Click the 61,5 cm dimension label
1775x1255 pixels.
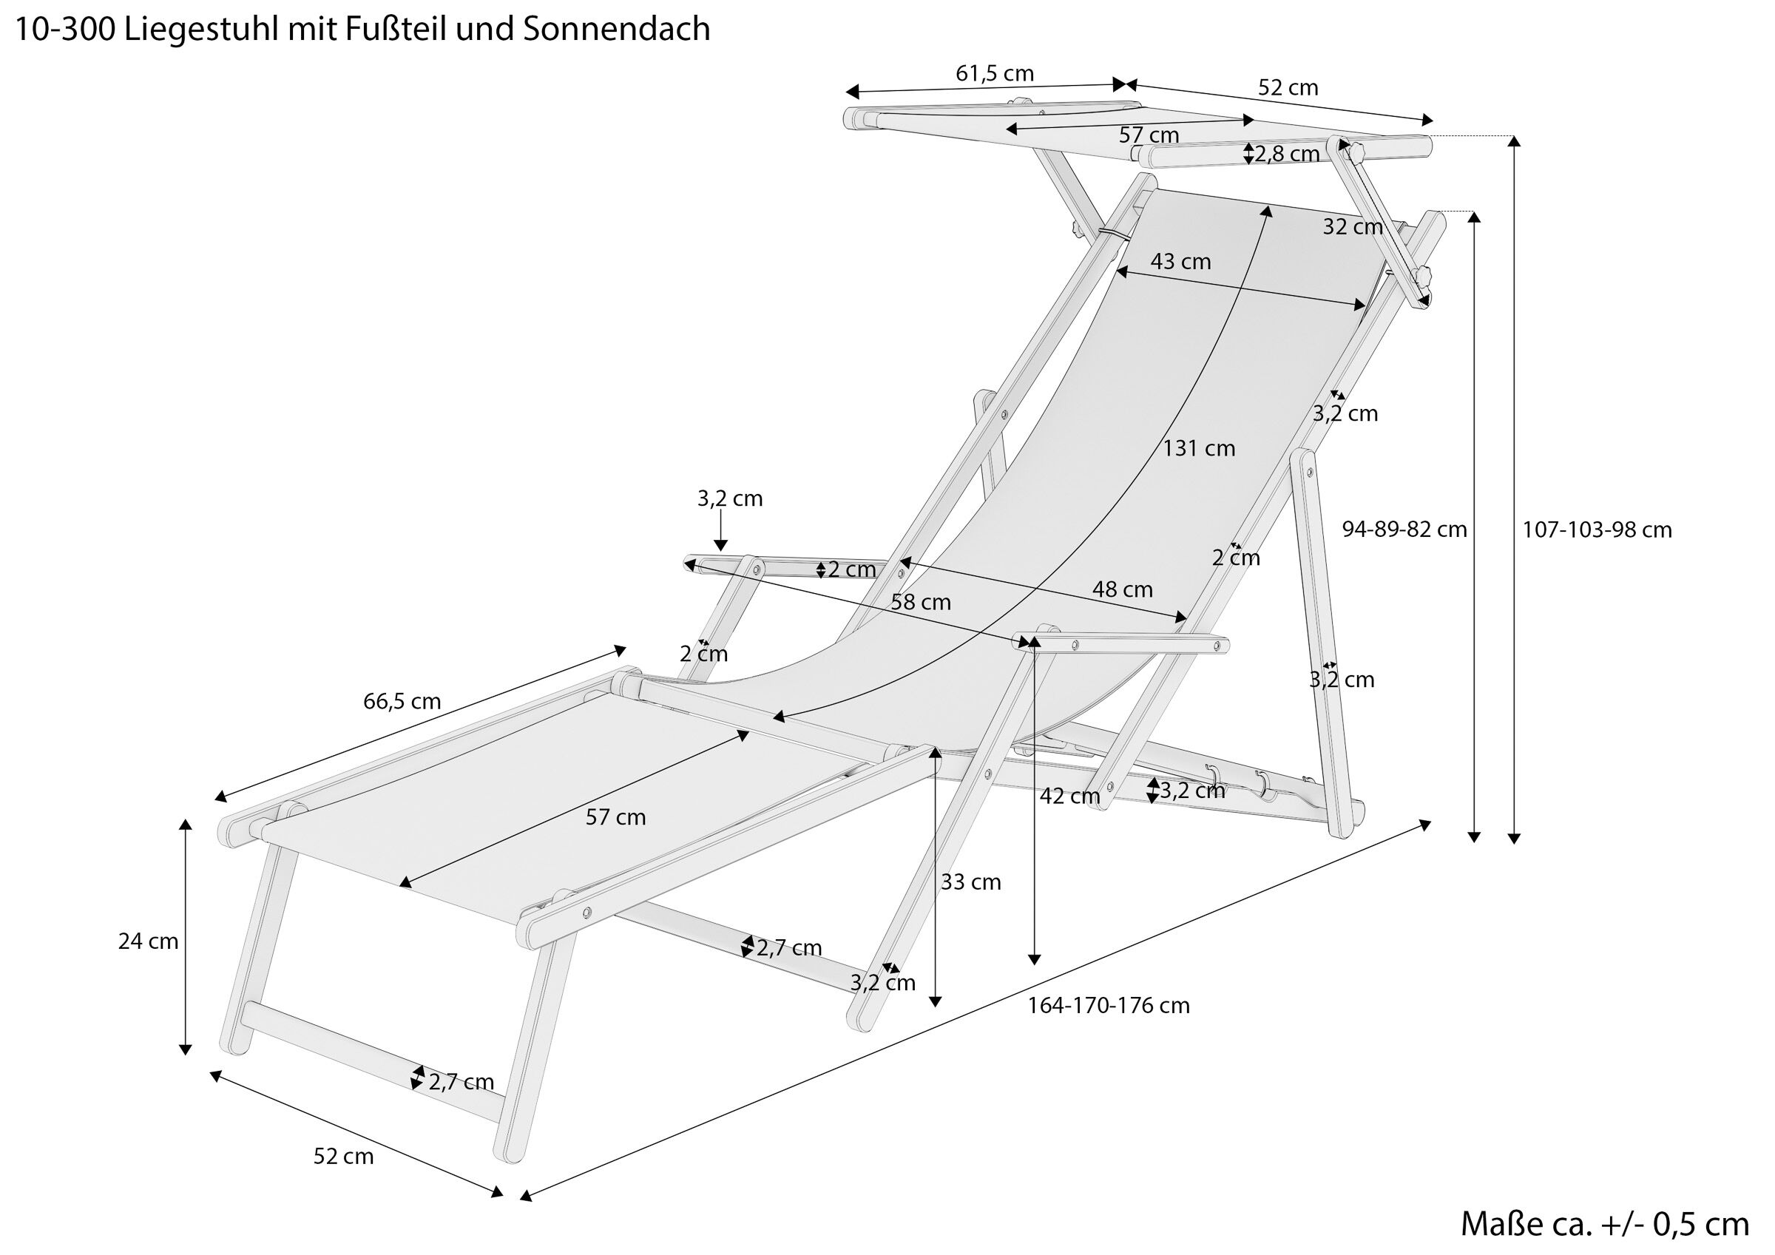click(x=994, y=73)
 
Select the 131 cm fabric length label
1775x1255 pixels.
click(x=1199, y=448)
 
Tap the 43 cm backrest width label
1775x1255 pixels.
click(x=1180, y=261)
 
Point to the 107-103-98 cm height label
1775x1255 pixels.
click(x=1597, y=530)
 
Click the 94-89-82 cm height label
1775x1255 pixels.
click(x=1404, y=530)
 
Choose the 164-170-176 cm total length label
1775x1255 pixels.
click(x=1108, y=1005)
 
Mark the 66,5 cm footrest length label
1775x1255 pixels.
click(x=402, y=701)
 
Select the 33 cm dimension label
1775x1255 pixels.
click(x=970, y=882)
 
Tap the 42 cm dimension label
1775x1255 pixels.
click(x=1069, y=796)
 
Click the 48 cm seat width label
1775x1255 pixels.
click(x=1122, y=589)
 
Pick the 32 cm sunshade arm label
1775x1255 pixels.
click(x=1352, y=227)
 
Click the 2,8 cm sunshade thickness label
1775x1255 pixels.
click(x=1286, y=155)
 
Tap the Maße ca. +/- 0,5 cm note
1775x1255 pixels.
click(x=1604, y=1224)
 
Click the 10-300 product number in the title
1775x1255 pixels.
click(x=64, y=30)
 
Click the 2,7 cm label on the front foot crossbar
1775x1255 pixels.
click(x=461, y=1082)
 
